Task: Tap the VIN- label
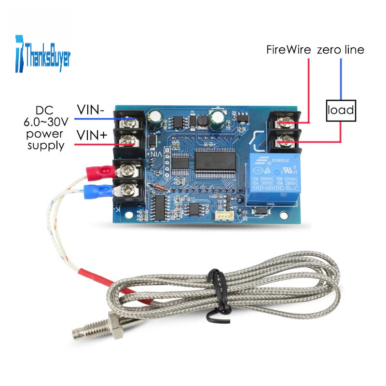pos(91,110)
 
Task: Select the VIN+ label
pos(92,137)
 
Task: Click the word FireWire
pos(289,50)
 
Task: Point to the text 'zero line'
pos(340,50)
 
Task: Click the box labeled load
pos(342,111)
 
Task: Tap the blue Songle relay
pos(273,179)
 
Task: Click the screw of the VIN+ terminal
pos(128,139)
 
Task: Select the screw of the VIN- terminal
pos(130,119)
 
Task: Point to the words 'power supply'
pos(47,138)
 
